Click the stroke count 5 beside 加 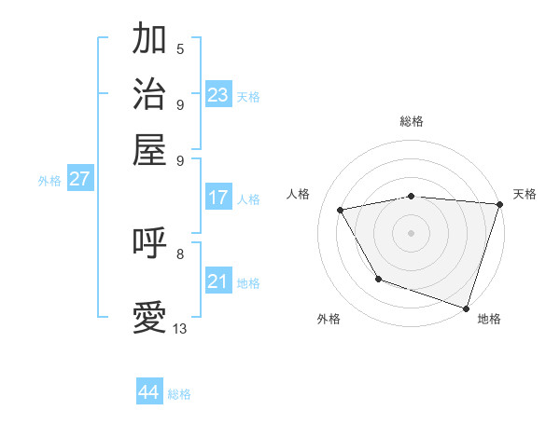point(180,49)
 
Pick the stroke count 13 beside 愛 point(180,329)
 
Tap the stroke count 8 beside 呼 point(180,253)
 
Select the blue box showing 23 point(218,95)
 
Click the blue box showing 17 point(218,198)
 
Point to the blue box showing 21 point(218,281)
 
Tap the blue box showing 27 point(79,179)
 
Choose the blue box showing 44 point(149,392)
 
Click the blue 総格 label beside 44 point(179,394)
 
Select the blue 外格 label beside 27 point(49,181)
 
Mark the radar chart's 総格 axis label point(411,121)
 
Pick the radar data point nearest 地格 point(466,308)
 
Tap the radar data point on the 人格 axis point(341,211)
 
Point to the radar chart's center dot point(411,232)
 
